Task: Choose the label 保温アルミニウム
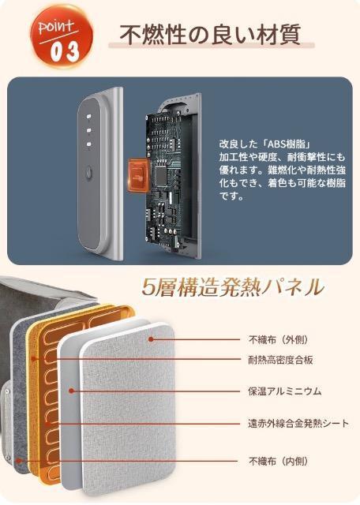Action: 285,391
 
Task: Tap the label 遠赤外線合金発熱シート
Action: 296,423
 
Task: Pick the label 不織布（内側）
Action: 277,460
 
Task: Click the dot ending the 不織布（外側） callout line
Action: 152,339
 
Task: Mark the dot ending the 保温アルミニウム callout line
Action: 72,390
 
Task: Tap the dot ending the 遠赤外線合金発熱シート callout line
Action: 49,423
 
